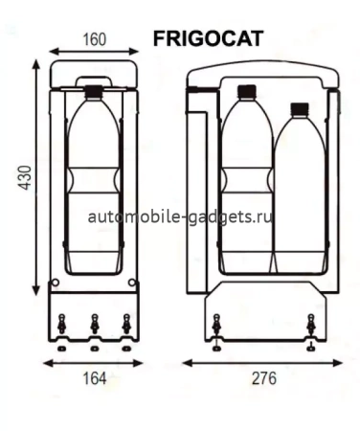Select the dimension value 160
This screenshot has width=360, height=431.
point(94,40)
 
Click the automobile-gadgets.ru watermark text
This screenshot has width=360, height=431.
point(180,216)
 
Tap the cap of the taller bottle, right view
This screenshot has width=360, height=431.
point(245,93)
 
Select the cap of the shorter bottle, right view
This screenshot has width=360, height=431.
point(299,108)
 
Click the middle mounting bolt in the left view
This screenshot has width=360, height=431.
point(94,327)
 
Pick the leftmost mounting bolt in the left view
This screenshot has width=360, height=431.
point(62,327)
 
